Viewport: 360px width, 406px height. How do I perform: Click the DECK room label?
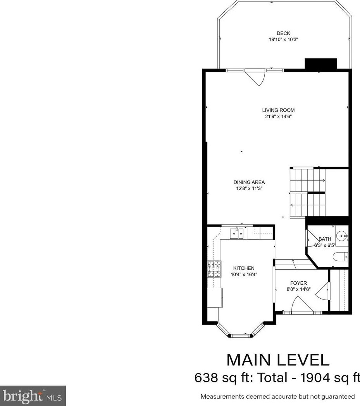tap(283, 33)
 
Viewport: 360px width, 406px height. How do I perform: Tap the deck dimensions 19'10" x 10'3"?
tap(283, 40)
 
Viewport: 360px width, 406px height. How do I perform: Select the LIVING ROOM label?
tap(278, 110)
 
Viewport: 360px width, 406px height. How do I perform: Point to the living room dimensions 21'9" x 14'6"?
tap(278, 116)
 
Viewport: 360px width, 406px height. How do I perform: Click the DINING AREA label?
tap(249, 182)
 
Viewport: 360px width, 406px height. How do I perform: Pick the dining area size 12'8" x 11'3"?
tap(249, 188)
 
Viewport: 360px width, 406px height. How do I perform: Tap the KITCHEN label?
tap(243, 268)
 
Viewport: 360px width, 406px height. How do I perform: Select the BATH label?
tap(325, 239)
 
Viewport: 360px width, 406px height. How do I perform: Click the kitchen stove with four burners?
tap(214, 269)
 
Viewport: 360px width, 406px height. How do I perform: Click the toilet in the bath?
tap(342, 256)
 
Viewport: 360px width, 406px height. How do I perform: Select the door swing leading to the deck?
tap(256, 77)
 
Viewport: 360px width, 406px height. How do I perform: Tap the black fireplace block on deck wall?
tap(321, 64)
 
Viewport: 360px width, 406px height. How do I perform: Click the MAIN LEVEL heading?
tap(278, 360)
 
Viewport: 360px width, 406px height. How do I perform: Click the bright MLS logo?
tap(33, 396)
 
